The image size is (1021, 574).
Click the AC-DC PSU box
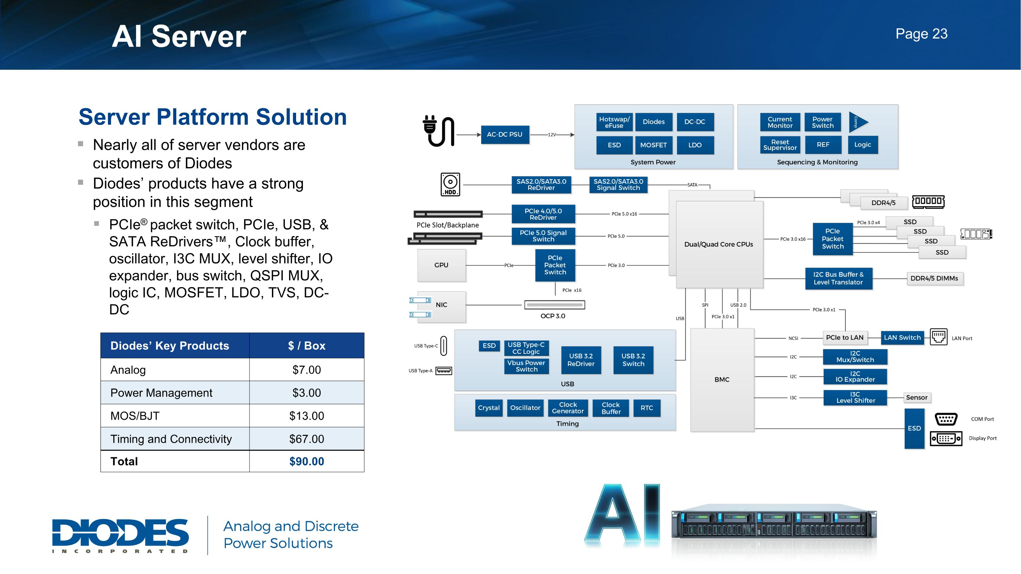[x=505, y=135]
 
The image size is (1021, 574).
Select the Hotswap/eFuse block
[x=614, y=122]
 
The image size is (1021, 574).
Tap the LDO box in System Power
[x=695, y=145]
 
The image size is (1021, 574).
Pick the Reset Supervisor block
[x=780, y=145]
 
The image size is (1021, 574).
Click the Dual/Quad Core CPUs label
[x=718, y=244]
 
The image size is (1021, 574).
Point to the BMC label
[x=722, y=379]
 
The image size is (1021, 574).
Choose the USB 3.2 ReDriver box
[x=581, y=360]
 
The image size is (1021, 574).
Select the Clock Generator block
[x=568, y=408]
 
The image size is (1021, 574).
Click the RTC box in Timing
[x=646, y=408]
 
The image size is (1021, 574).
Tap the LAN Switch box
[x=902, y=338]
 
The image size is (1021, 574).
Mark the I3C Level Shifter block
[x=855, y=397]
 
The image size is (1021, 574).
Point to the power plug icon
[x=438, y=131]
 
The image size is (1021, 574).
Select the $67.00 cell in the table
[x=306, y=439]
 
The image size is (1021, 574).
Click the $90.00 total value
[x=306, y=461]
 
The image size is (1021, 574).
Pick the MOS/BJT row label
[x=135, y=416]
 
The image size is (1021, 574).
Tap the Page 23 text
[x=921, y=34]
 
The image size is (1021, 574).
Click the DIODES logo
[x=120, y=535]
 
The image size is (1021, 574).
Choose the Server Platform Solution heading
[x=212, y=117]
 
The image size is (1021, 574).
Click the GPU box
[x=441, y=265]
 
